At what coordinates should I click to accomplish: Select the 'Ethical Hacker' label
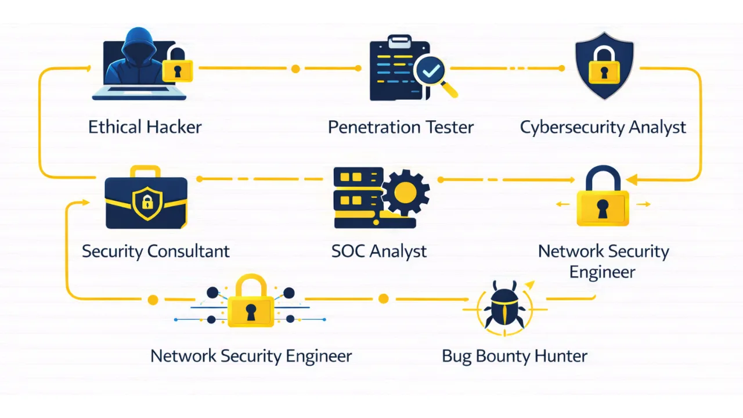point(145,127)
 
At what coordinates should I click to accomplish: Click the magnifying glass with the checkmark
point(432,74)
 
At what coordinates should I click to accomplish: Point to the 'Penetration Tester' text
point(401,127)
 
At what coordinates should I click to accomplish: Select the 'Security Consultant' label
point(156,251)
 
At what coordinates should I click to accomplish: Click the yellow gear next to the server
point(405,191)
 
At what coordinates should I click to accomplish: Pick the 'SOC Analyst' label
point(378,251)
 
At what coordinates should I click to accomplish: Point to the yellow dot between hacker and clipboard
point(295,69)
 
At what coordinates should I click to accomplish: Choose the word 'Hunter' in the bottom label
point(560,356)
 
